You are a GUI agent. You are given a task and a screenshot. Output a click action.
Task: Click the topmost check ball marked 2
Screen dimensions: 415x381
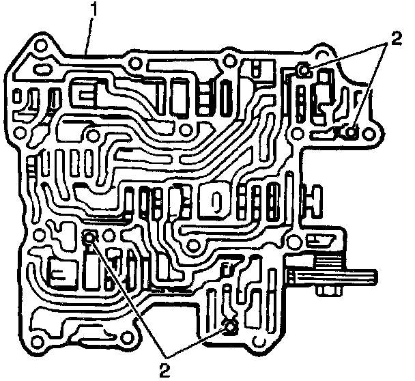coord(305,68)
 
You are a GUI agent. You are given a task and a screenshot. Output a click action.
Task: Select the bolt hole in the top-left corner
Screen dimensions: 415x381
coord(40,47)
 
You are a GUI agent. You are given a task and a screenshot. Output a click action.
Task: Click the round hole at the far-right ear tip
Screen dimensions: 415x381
coord(373,126)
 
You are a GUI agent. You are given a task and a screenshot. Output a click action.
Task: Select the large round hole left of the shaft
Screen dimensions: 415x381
coord(296,241)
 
